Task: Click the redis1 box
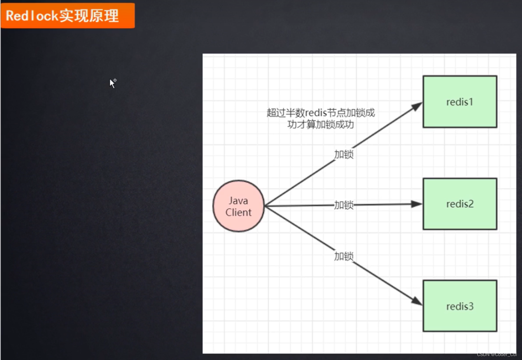(x=459, y=102)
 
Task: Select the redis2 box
(x=459, y=204)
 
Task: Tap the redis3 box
(x=459, y=306)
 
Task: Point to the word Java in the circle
(x=238, y=200)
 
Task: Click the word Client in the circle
(x=238, y=212)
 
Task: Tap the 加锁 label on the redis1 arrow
(x=344, y=154)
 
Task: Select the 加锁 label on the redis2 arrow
(x=344, y=205)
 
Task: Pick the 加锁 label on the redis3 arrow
(x=344, y=256)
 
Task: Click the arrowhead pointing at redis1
(x=417, y=106)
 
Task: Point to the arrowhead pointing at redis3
(x=417, y=301)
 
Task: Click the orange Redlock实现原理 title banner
(x=67, y=15)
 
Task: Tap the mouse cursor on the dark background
(x=112, y=83)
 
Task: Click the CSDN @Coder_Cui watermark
(x=496, y=354)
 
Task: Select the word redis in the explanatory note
(x=316, y=113)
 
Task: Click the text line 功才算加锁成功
(x=320, y=124)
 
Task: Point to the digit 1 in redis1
(x=471, y=102)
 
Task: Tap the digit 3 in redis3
(x=471, y=306)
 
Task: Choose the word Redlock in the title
(x=32, y=16)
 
